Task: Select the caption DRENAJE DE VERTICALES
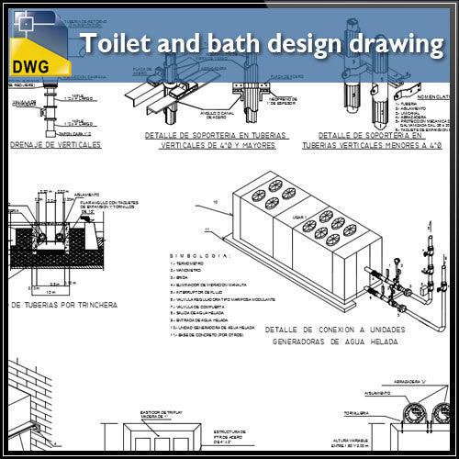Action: pos(54,145)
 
